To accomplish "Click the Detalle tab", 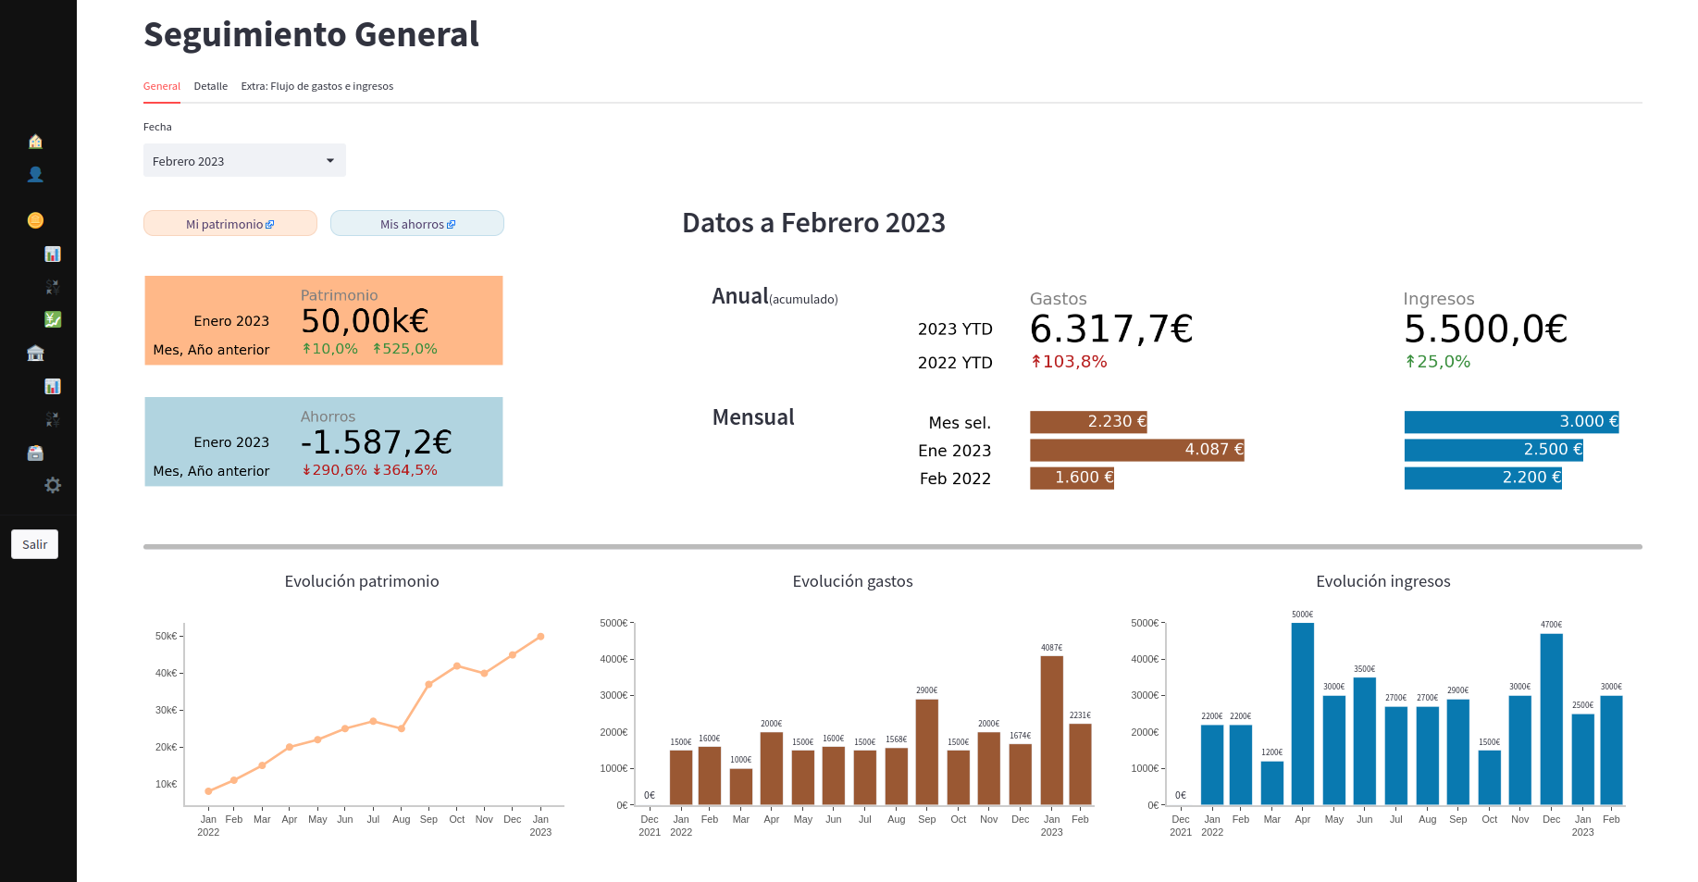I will [x=210, y=86].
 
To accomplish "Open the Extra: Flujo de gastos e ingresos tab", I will [x=316, y=86].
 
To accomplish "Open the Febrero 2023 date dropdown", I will [x=244, y=160].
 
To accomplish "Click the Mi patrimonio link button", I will [x=229, y=224].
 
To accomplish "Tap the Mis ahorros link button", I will [x=417, y=224].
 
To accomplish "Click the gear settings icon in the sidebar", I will [x=53, y=485].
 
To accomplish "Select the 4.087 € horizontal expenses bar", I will [x=1136, y=450].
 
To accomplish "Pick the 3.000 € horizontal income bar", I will [x=1511, y=422].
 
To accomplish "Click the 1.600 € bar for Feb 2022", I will [x=1072, y=478].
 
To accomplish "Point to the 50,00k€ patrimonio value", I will [x=365, y=321].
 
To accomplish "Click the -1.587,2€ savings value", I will [x=376, y=442].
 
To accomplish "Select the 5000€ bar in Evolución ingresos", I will [x=1302, y=713].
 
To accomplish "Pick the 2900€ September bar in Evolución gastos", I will [x=926, y=752].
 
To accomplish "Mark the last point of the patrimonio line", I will [x=540, y=637].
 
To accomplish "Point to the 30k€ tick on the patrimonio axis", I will [x=167, y=710].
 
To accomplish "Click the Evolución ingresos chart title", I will [x=1382, y=581].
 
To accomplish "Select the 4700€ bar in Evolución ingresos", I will [x=1551, y=718].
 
